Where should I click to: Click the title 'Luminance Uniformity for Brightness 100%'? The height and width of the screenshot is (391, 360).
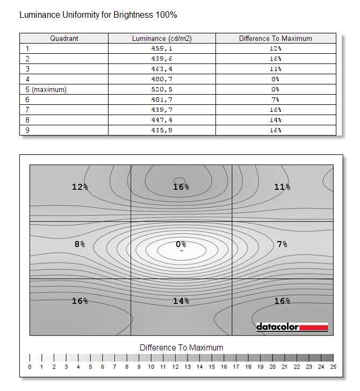point(98,15)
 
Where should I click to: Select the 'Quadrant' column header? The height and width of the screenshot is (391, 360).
point(64,38)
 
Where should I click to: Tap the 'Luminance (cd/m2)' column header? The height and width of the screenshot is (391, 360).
point(162,38)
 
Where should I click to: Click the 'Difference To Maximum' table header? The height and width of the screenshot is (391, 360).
point(275,38)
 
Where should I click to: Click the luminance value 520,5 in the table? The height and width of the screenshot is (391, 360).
point(162,89)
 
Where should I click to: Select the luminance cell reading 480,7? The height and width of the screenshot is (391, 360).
point(162,79)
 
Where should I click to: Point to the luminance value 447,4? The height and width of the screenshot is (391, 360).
point(162,120)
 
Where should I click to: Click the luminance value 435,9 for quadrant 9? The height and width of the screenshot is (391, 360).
point(162,130)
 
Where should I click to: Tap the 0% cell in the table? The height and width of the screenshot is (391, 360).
point(275,89)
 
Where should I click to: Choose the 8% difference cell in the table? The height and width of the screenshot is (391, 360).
point(275,79)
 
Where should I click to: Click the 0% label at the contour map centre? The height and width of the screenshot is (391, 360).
point(181,244)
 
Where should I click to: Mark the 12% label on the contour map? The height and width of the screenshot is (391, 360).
point(80,187)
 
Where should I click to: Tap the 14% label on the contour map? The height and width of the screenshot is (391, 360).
point(181,301)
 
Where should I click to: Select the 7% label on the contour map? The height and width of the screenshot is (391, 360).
point(282,244)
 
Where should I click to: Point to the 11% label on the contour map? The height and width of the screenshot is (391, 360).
point(282,187)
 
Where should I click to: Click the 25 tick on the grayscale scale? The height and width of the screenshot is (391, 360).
point(333,367)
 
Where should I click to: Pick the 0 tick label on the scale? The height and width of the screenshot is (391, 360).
point(30,367)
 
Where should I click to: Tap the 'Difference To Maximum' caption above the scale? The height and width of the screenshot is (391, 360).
point(181,347)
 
